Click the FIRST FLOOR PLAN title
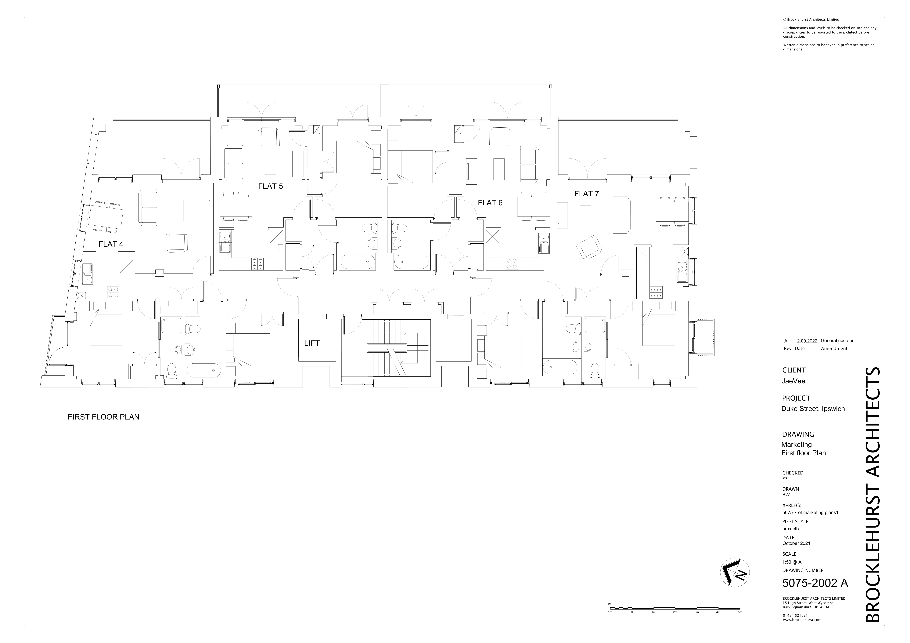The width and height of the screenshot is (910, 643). [x=103, y=417]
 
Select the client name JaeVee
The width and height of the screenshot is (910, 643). [x=793, y=381]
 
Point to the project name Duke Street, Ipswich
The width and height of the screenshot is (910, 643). [x=813, y=409]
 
